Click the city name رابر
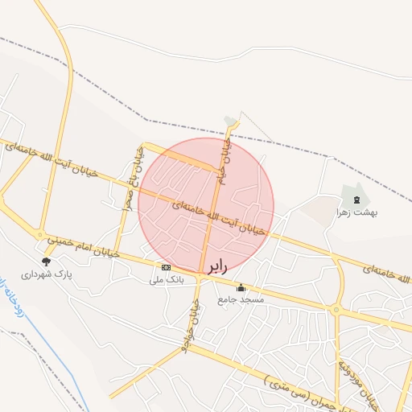point(218,266)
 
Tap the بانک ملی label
point(167,280)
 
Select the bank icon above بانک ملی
point(166,267)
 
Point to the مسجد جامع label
point(241,299)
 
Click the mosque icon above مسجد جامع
point(241,287)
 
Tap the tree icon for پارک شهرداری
point(46,261)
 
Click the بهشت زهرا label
point(357,212)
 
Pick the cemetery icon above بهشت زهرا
point(356,199)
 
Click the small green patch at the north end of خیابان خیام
point(232,120)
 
